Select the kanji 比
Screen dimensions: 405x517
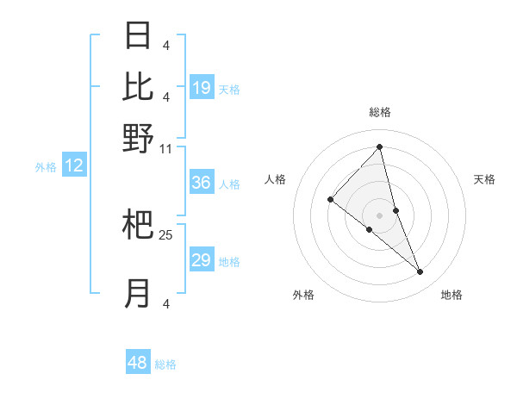(139, 86)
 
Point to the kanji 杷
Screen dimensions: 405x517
(139, 225)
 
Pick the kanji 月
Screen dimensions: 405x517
(139, 294)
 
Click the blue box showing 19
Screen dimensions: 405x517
(202, 88)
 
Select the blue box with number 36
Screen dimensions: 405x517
(202, 183)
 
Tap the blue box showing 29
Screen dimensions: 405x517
(202, 260)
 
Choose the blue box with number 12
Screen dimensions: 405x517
(74, 165)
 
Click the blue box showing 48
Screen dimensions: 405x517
(138, 363)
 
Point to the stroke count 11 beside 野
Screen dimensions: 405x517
(165, 149)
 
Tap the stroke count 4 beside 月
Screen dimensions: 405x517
(165, 303)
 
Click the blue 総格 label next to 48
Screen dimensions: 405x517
(165, 364)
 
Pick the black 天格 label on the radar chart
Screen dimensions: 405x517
(484, 179)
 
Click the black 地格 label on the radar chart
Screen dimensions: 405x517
(452, 295)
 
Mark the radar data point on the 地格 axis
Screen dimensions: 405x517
(420, 272)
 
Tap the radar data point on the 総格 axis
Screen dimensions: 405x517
(379, 146)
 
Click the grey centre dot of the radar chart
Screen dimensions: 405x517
(379, 215)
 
